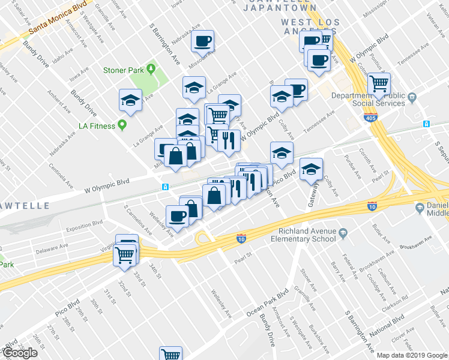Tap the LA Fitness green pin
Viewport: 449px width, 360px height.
pyautogui.click(x=122, y=125)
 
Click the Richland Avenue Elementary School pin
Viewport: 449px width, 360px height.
pyautogui.click(x=343, y=232)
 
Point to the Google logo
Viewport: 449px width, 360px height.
pyautogui.click(x=19, y=353)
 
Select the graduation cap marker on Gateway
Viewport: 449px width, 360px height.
pyautogui.click(x=311, y=170)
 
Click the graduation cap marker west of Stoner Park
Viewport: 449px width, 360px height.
pyautogui.click(x=130, y=100)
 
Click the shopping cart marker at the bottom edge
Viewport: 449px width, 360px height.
pyautogui.click(x=170, y=355)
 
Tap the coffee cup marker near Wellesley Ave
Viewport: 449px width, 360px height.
pyautogui.click(x=177, y=215)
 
